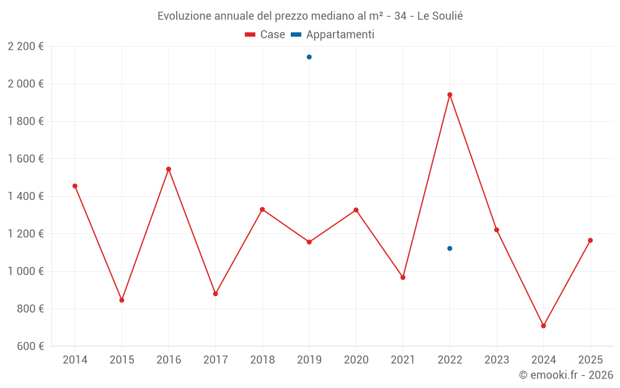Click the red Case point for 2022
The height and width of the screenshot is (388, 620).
pyautogui.click(x=449, y=95)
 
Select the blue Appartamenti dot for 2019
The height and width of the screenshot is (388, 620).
pyautogui.click(x=309, y=57)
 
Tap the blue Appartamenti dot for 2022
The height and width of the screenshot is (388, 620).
pyautogui.click(x=449, y=248)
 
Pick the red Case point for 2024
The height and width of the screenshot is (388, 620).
pyautogui.click(x=543, y=326)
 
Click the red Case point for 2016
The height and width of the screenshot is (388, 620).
pyautogui.click(x=169, y=169)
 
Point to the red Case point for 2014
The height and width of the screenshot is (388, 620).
pyautogui.click(x=75, y=186)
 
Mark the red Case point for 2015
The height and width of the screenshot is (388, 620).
pyautogui.click(x=122, y=300)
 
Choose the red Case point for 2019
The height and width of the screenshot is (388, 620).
pyautogui.click(x=309, y=242)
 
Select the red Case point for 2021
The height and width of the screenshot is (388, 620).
pyautogui.click(x=403, y=277)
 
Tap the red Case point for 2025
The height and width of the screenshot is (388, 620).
pyautogui.click(x=590, y=240)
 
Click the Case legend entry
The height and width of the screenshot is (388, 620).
pyautogui.click(x=265, y=35)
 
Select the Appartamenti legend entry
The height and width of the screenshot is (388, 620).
pyautogui.click(x=333, y=35)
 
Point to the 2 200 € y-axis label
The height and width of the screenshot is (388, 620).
pyautogui.click(x=25, y=46)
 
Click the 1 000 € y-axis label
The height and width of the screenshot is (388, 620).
pyautogui.click(x=25, y=271)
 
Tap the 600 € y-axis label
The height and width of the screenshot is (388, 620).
pyautogui.click(x=29, y=346)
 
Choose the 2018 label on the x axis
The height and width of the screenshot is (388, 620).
pyautogui.click(x=262, y=360)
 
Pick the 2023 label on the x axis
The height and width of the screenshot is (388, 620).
pyautogui.click(x=497, y=360)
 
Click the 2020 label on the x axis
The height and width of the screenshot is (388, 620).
pyautogui.click(x=356, y=360)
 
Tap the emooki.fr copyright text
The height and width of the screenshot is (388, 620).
pyautogui.click(x=566, y=375)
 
